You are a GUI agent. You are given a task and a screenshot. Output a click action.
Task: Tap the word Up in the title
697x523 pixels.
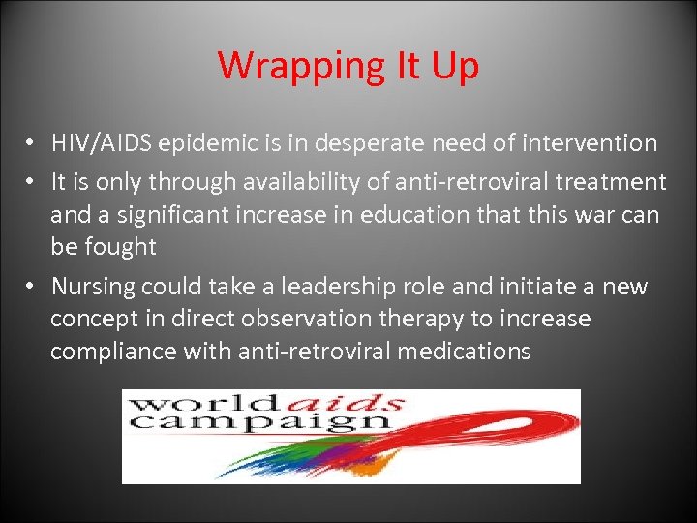(450, 67)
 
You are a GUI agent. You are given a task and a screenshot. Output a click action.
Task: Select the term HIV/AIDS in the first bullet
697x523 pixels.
(102, 143)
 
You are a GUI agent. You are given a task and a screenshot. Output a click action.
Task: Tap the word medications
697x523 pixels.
(465, 352)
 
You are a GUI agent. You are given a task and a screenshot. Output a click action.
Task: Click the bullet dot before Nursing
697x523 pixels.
(32, 287)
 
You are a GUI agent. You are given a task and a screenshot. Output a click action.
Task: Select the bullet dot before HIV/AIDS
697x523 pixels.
(32, 143)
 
